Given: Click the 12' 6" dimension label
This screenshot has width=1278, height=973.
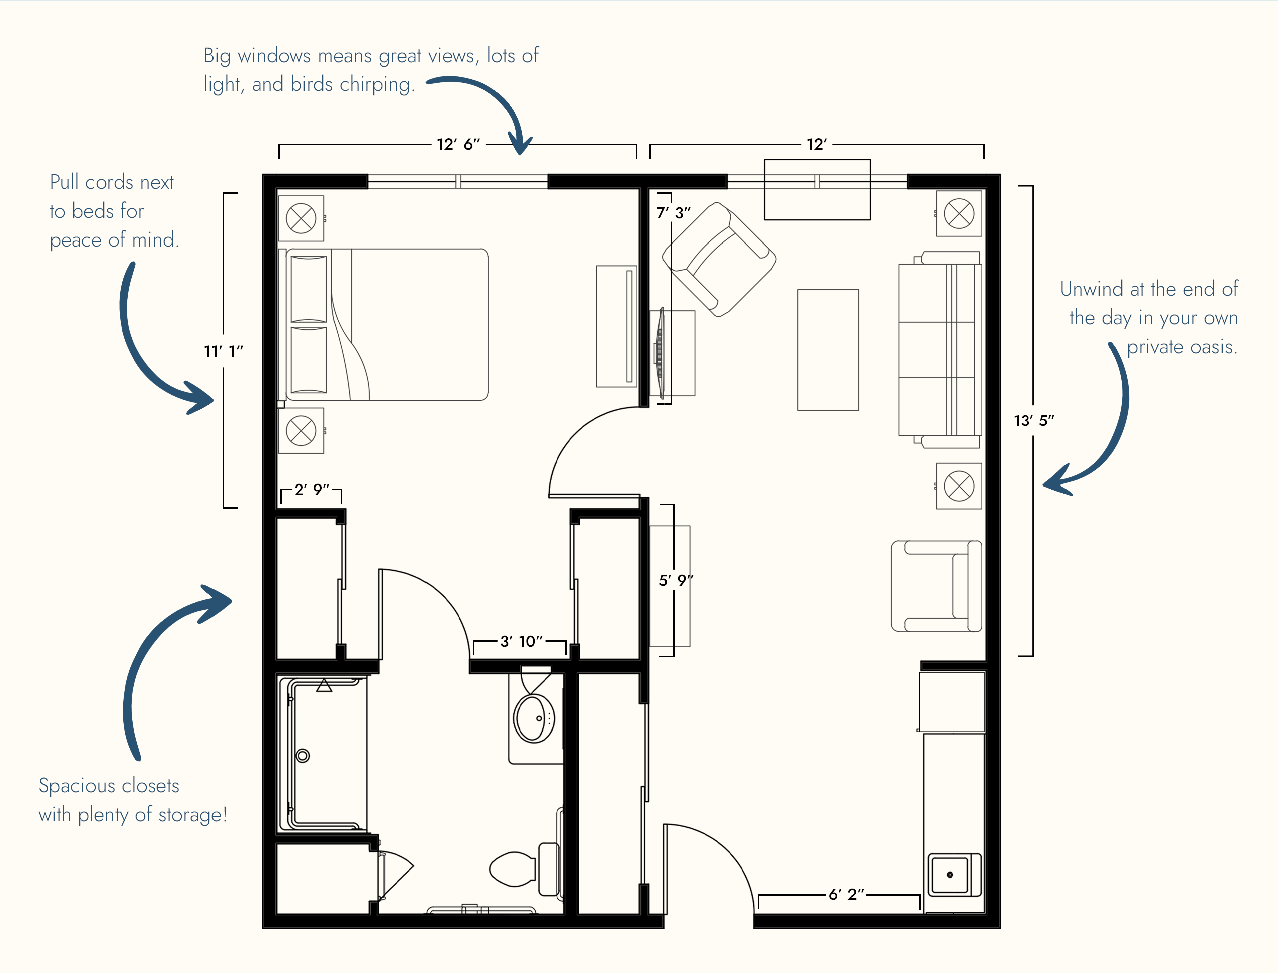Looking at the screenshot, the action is tap(458, 144).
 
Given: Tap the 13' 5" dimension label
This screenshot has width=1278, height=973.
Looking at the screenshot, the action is tap(1033, 420).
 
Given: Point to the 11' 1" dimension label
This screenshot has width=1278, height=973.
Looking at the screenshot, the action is tap(224, 351).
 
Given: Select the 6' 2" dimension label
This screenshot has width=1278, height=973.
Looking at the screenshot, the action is tap(846, 894).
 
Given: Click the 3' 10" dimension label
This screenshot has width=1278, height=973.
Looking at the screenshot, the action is tap(521, 641).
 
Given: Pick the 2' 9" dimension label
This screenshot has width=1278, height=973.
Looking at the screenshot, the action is tap(312, 490).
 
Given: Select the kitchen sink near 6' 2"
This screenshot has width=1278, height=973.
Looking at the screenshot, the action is tap(954, 874).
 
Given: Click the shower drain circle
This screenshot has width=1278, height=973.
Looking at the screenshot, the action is tap(302, 755).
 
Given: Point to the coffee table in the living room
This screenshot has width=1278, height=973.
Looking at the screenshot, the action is tap(828, 350).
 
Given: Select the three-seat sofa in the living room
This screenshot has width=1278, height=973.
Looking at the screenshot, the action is tap(940, 350).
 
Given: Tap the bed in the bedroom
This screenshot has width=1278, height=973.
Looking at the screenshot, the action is tap(383, 324).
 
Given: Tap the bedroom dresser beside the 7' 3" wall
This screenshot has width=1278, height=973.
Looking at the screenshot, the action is tap(617, 326).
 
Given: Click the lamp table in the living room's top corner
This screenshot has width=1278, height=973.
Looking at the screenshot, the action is tap(959, 214).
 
